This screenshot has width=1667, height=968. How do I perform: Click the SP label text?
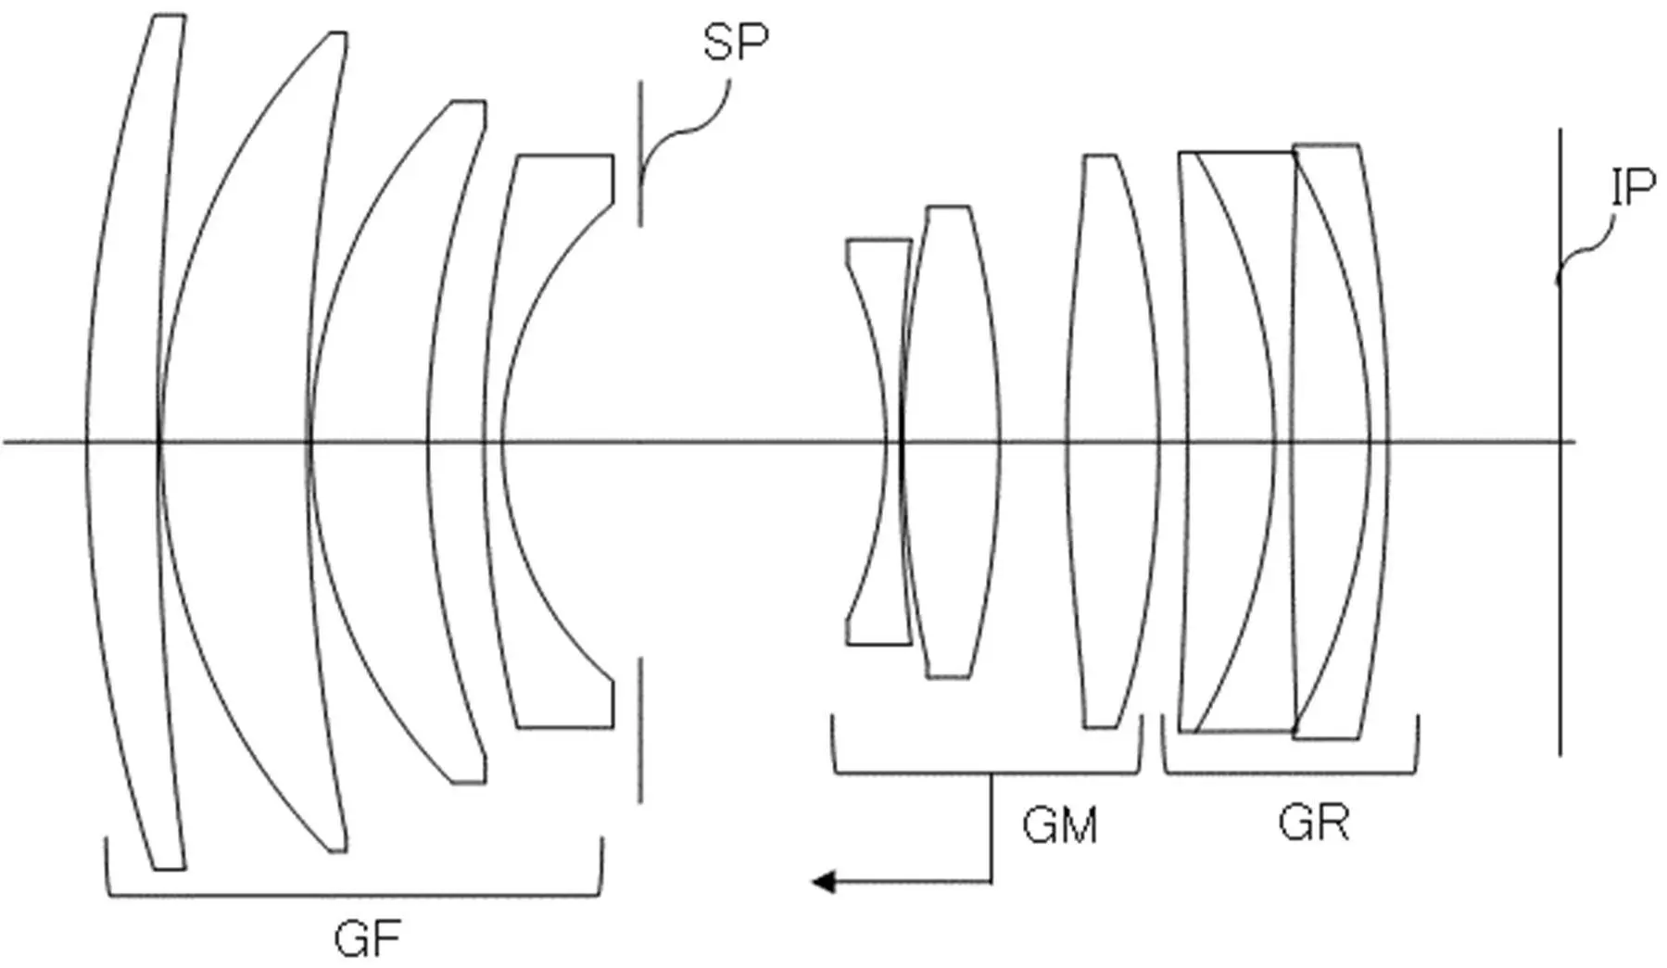[x=736, y=42]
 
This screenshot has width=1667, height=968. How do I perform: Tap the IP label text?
[x=1633, y=188]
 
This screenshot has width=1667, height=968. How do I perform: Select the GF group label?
[x=367, y=939]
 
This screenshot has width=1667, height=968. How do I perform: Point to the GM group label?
[x=1060, y=824]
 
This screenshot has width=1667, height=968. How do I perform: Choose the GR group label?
[x=1314, y=822]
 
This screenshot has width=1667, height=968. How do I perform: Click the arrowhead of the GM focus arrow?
[x=824, y=882]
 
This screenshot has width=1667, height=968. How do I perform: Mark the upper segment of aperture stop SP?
[x=639, y=153]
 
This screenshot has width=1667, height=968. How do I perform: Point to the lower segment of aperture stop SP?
[x=639, y=730]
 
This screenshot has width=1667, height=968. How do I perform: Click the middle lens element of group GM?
[x=950, y=442]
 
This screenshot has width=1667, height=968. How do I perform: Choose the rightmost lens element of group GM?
[x=1112, y=442]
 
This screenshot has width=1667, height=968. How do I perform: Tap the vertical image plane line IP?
[x=1560, y=442]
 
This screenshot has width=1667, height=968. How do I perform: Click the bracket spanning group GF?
[x=355, y=896]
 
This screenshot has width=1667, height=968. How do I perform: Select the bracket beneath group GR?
[x=1290, y=773]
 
